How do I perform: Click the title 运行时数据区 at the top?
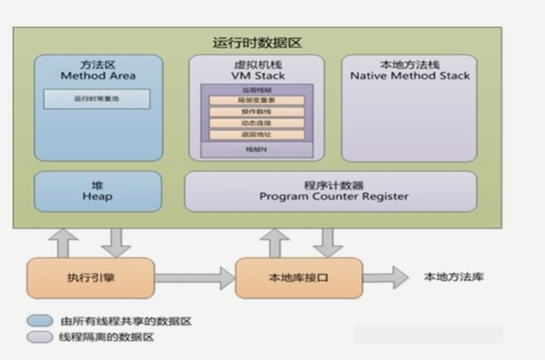tap(257, 43)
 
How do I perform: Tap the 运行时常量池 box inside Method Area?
tap(97, 99)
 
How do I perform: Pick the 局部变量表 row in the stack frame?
tap(256, 100)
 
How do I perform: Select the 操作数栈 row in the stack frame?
tap(256, 112)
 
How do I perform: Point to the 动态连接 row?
tap(256, 123)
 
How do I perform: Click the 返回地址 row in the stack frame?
tap(256, 135)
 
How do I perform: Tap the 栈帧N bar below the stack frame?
tap(256, 149)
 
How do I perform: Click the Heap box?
tap(98, 191)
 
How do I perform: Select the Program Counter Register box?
tap(330, 191)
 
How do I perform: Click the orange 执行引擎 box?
tap(91, 277)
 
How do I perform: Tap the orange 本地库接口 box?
tap(299, 277)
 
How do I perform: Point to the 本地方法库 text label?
tap(453, 277)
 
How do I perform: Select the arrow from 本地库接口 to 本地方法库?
tap(387, 277)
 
